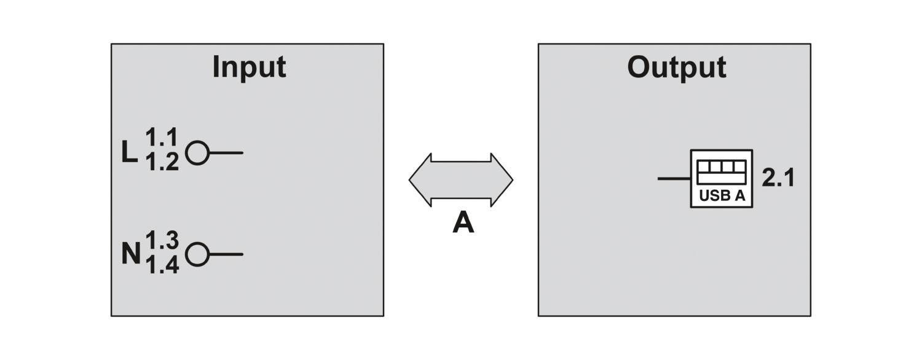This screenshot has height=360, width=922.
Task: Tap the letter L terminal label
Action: [x=129, y=152]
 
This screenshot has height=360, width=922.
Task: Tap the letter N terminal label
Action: [x=132, y=254]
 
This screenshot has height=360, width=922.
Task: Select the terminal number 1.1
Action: [x=161, y=137]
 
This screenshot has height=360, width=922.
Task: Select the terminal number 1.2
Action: [x=162, y=162]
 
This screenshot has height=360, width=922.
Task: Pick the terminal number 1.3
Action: [x=162, y=240]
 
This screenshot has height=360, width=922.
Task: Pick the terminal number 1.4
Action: [x=162, y=265]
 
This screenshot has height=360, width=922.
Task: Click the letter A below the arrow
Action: [x=463, y=222]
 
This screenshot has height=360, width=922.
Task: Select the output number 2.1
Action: [x=778, y=178]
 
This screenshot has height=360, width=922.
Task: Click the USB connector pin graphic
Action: [x=722, y=172]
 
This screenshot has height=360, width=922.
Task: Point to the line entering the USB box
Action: [x=674, y=179]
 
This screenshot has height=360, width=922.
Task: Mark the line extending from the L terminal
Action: [x=226, y=152]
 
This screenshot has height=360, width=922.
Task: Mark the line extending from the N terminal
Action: [x=226, y=254]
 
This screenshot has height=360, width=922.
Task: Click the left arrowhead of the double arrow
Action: [x=420, y=180]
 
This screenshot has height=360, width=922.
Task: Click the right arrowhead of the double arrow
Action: [x=502, y=180]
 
